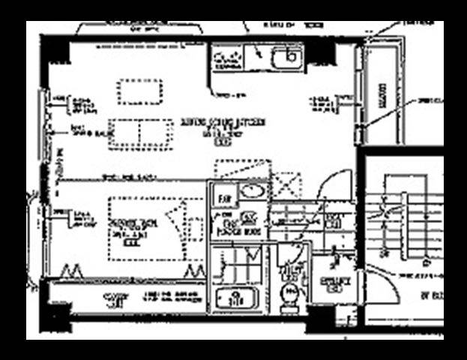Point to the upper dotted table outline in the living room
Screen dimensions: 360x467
pyautogui.click(x=139, y=91)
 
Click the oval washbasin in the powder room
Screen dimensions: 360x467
pyautogui.click(x=252, y=191)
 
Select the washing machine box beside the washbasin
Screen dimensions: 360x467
pyautogui.click(x=225, y=197)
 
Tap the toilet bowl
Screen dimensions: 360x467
pyautogui.click(x=289, y=291)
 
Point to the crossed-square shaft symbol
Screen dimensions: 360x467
pyautogui.click(x=286, y=185)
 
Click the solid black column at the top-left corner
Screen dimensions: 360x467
pyautogui.click(x=55, y=49)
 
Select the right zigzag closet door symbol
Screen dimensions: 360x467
pyautogui.click(x=195, y=269)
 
